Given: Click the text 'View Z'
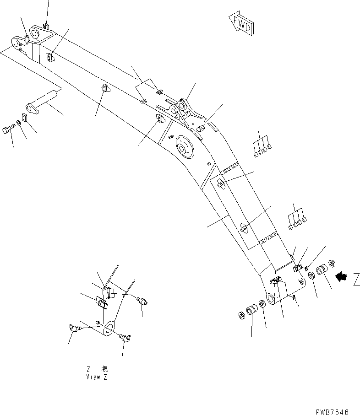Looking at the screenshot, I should (x=97, y=377).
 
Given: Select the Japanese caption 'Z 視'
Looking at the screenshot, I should (x=97, y=369).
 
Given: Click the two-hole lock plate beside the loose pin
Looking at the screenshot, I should (x=25, y=118).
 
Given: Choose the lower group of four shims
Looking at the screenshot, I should (x=297, y=218).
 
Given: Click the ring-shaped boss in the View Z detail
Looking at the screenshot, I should (x=109, y=328).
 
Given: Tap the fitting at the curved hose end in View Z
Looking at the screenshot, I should (x=144, y=301).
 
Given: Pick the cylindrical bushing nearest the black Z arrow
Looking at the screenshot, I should (x=322, y=269).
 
